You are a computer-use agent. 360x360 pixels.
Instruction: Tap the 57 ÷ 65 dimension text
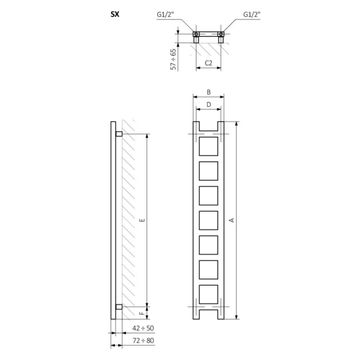pyautogui.click(x=173, y=59)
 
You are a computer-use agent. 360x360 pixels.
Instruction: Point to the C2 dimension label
pyautogui.click(x=209, y=63)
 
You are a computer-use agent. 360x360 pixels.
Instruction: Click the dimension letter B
pyautogui.click(x=209, y=92)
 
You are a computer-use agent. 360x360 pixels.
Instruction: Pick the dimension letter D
pyautogui.click(x=209, y=104)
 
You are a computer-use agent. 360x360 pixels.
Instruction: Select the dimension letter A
pyautogui.click(x=231, y=220)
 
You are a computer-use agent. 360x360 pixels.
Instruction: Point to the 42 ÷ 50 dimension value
pyautogui.click(x=143, y=327)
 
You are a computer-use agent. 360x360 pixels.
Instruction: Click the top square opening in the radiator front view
pyautogui.click(x=209, y=147)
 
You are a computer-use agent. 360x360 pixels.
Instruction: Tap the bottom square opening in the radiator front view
pyautogui.click(x=209, y=293)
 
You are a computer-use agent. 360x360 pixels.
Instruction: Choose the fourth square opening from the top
pyautogui.click(x=209, y=220)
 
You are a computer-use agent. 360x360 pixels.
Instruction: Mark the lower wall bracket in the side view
pyautogui.click(x=119, y=306)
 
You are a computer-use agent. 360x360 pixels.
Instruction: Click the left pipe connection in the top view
pyautogui.click(x=196, y=34)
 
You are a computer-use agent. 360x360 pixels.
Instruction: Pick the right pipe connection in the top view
pyautogui.click(x=221, y=34)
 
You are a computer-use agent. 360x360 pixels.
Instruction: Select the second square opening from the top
pyautogui.click(x=209, y=171)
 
